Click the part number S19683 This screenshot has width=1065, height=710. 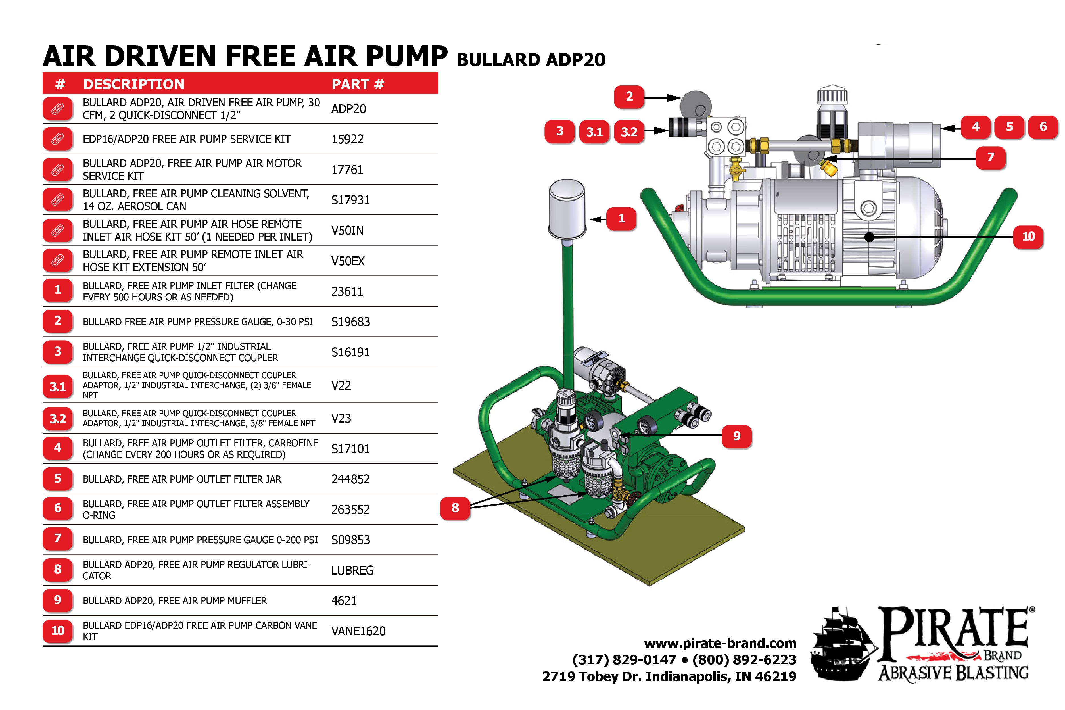pyautogui.click(x=350, y=322)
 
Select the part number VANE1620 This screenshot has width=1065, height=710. pyautogui.click(x=358, y=631)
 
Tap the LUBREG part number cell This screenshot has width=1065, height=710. pyautogui.click(x=352, y=571)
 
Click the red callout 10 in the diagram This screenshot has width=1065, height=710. pyautogui.click(x=1028, y=236)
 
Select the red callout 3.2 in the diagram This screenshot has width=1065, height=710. pyautogui.click(x=629, y=132)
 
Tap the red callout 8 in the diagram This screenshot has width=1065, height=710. pyautogui.click(x=455, y=508)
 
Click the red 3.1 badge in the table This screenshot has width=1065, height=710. pyautogui.click(x=57, y=387)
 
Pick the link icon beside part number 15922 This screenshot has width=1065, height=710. pyautogui.click(x=57, y=139)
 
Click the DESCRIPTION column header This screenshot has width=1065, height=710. pyautogui.click(x=133, y=84)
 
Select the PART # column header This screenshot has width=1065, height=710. pyautogui.click(x=358, y=84)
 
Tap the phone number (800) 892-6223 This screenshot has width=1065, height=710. pyautogui.click(x=744, y=660)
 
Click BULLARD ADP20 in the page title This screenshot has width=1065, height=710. pyautogui.click(x=531, y=60)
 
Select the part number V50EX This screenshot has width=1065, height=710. pyautogui.click(x=348, y=261)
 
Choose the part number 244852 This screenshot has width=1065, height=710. pyautogui.click(x=350, y=479)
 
